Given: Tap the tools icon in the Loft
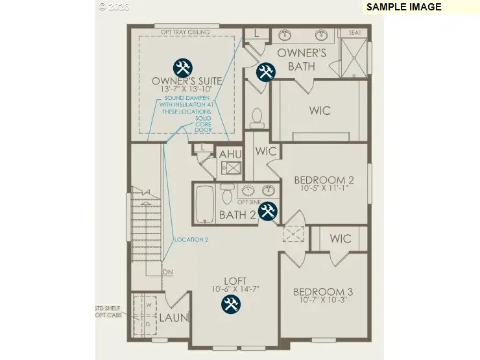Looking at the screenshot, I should [230, 304].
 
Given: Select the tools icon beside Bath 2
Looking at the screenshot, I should [268, 211].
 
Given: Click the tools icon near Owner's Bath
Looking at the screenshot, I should [265, 71].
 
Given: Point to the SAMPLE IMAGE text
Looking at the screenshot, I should [403, 7].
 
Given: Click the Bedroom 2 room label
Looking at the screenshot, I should [324, 180].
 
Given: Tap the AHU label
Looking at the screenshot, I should [229, 154].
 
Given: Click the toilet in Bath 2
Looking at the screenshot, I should [227, 193].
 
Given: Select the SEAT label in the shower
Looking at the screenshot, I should [355, 32].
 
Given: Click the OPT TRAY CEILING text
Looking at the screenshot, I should [186, 31].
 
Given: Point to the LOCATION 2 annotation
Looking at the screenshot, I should [191, 239].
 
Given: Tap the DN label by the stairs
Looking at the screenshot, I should [167, 272].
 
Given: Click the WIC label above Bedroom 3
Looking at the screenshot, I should [340, 239].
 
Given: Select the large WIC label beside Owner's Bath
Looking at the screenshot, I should [320, 110].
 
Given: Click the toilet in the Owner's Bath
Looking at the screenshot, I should [256, 117].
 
